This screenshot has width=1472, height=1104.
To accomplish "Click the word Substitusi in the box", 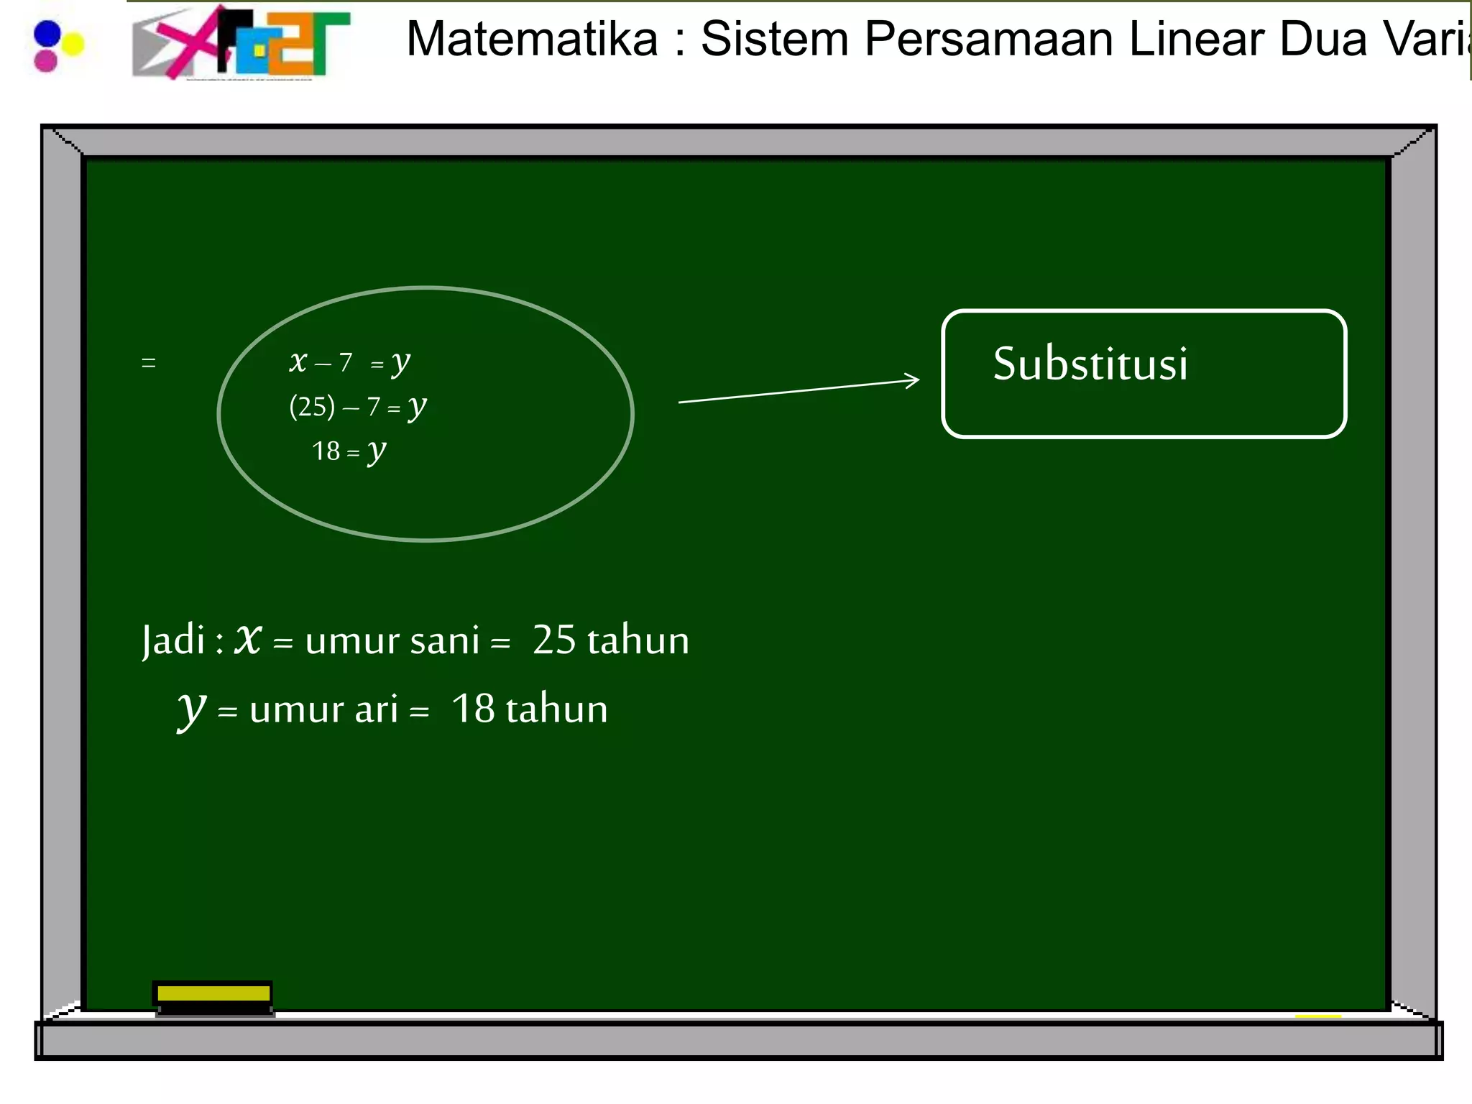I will pyautogui.click(x=1090, y=364).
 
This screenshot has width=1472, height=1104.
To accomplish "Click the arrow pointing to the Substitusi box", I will pyautogui.click(x=799, y=391).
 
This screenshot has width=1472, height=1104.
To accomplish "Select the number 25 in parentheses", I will pyautogui.click(x=313, y=408).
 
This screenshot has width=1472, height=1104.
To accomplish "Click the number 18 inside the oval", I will pyautogui.click(x=326, y=451).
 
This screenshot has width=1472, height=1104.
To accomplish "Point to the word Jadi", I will pyautogui.click(x=174, y=640).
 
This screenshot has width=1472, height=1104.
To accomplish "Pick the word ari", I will pyautogui.click(x=376, y=709).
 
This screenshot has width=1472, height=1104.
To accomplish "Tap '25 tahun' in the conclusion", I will pyautogui.click(x=610, y=640).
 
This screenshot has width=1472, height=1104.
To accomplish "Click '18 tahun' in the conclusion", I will pyautogui.click(x=529, y=709).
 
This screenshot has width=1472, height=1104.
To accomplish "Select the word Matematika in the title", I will pyautogui.click(x=532, y=39).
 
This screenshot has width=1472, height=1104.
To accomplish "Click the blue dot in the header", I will pyautogui.click(x=47, y=33).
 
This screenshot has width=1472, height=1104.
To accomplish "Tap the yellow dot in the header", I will pyautogui.click(x=73, y=45).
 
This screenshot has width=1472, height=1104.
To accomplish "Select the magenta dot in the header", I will pyautogui.click(x=45, y=61).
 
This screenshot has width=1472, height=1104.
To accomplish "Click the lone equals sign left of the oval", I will pyautogui.click(x=149, y=363).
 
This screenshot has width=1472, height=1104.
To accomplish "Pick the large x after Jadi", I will pyautogui.click(x=249, y=638).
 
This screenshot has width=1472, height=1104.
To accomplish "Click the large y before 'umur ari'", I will pyautogui.click(x=192, y=710).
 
